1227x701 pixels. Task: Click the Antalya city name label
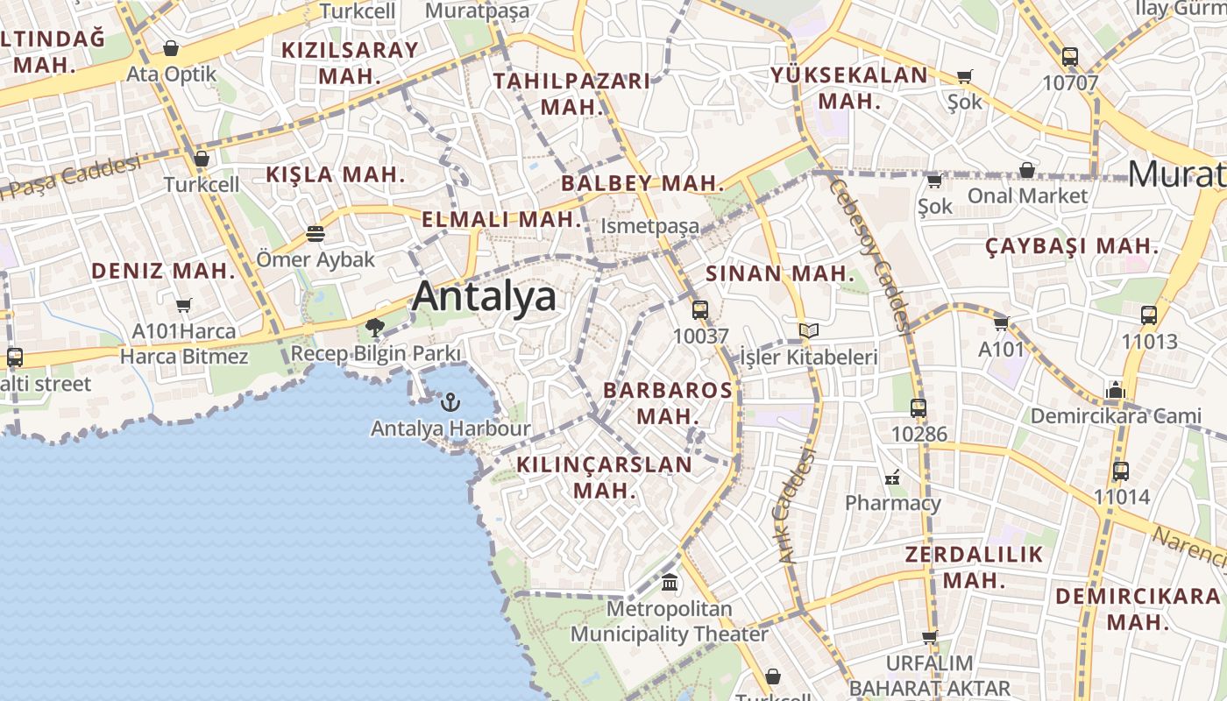pyautogui.click(x=484, y=296)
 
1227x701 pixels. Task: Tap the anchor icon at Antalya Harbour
pyautogui.click(x=450, y=402)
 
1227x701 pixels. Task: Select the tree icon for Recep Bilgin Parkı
pyautogui.click(x=375, y=328)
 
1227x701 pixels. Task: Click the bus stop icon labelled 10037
pyautogui.click(x=699, y=309)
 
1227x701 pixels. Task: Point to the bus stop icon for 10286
pyautogui.click(x=918, y=407)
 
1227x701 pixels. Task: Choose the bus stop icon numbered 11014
pyautogui.click(x=1120, y=471)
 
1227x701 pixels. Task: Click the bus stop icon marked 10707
pyautogui.click(x=1069, y=57)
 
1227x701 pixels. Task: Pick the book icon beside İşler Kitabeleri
pyautogui.click(x=809, y=330)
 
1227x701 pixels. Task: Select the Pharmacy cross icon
pyautogui.click(x=892, y=478)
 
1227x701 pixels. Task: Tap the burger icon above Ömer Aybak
pyautogui.click(x=316, y=234)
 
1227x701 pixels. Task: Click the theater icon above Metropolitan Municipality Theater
pyautogui.click(x=670, y=582)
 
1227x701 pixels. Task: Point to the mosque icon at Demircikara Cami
pyautogui.click(x=1116, y=389)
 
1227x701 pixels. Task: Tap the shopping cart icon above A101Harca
pyautogui.click(x=183, y=306)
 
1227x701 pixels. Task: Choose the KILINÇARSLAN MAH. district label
pyautogui.click(x=605, y=477)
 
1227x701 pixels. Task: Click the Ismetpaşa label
pyautogui.click(x=649, y=226)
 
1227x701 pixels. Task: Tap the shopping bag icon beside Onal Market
pyautogui.click(x=1026, y=169)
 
